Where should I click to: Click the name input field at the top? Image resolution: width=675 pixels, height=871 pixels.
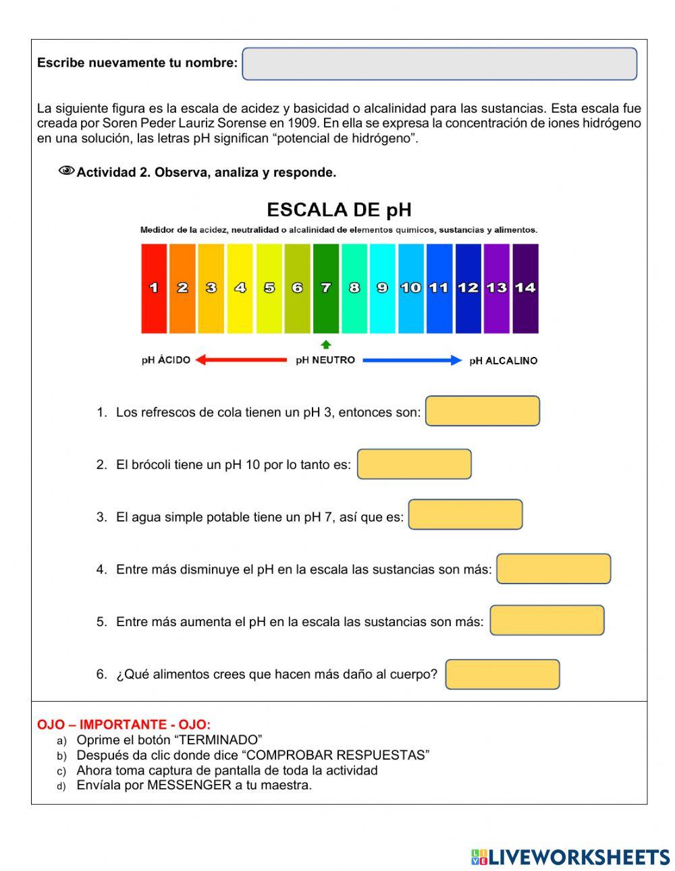(x=439, y=64)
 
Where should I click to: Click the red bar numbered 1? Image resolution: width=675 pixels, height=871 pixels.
(x=154, y=288)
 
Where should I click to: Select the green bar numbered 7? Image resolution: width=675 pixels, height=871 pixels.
(x=326, y=288)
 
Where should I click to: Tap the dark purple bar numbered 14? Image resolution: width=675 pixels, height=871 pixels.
(x=525, y=288)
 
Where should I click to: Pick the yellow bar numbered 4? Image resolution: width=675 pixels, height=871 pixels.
(x=240, y=288)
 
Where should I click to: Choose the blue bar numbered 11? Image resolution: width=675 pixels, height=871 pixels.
(x=439, y=288)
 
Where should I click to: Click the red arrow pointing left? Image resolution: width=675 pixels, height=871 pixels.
(x=241, y=360)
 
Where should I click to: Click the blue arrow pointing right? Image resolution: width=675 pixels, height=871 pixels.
(x=412, y=360)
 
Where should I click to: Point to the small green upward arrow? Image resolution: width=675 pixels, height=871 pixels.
(x=326, y=344)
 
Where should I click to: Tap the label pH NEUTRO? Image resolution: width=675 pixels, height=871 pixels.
(x=325, y=360)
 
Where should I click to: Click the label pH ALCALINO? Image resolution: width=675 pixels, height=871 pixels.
(x=503, y=361)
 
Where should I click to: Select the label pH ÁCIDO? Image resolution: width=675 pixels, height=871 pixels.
(x=166, y=360)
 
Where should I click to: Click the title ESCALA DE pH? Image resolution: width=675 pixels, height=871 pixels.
(x=339, y=210)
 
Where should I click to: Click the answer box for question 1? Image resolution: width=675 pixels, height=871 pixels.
(x=483, y=411)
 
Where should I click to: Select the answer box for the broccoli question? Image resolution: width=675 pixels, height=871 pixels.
(x=414, y=464)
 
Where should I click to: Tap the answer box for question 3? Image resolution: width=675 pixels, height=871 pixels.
(x=465, y=515)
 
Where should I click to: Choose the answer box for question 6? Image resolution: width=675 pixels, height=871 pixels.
(x=503, y=674)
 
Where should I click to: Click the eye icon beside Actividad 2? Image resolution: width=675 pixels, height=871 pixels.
(x=66, y=171)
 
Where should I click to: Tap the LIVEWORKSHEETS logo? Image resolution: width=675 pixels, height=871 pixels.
(x=570, y=857)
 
